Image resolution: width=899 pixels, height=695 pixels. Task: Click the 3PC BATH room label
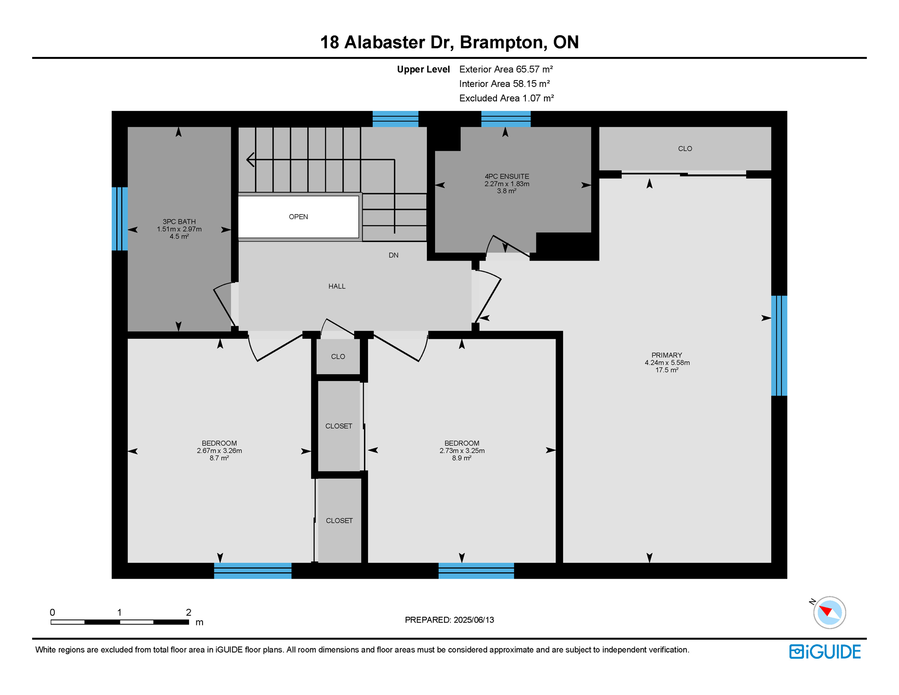pos(179,222)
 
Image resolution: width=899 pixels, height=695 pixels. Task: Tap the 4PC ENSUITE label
pos(506,176)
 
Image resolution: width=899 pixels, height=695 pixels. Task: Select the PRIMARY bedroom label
pos(667,355)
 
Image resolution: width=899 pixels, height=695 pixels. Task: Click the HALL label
pos(337,286)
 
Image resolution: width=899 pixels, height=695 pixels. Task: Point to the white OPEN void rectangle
pos(298,217)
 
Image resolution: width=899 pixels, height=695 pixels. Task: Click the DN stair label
pos(393,255)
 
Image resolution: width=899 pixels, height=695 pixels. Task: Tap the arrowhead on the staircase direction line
pos(250,160)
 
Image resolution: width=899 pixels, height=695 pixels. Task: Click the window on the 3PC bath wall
pos(120,219)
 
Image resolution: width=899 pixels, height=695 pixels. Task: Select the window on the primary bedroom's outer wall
pos(779,346)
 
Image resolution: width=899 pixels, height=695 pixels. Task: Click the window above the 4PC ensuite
pos(506,119)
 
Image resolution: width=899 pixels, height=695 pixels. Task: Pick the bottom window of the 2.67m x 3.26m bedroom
pos(253,571)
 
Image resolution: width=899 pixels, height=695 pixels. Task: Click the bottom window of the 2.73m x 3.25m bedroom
pos(476,571)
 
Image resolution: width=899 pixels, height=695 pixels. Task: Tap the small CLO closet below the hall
pos(338,357)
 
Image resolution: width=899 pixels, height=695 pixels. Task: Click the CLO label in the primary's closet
pos(685,149)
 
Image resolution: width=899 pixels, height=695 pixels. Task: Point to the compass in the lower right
pos(829,612)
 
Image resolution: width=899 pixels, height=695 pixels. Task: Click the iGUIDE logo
pos(825,652)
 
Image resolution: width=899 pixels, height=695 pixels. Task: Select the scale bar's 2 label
pos(189,613)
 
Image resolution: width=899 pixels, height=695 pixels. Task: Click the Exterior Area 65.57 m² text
pos(506,69)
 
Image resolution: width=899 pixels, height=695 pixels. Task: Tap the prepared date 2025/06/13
pos(474,620)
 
